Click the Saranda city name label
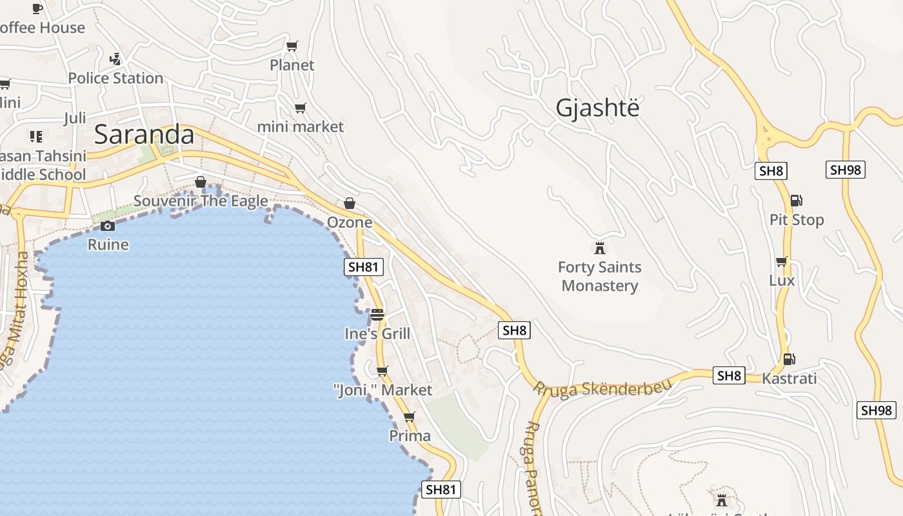point(144,134)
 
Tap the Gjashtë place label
point(597,108)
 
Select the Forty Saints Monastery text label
point(599,276)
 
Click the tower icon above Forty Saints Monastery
point(600,248)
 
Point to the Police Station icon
point(115,59)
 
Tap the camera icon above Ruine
point(108,226)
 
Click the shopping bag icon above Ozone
point(350,203)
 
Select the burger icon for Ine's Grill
point(377,315)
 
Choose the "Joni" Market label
point(383,390)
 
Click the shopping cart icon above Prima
point(409,417)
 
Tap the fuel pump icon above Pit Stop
point(797,201)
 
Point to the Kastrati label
point(789,378)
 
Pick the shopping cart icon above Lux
point(782,261)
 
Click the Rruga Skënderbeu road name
point(602,387)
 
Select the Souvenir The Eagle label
point(201,201)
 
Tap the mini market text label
point(301,126)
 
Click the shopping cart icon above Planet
point(292,46)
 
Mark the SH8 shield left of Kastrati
point(729,375)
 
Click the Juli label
point(75,118)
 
